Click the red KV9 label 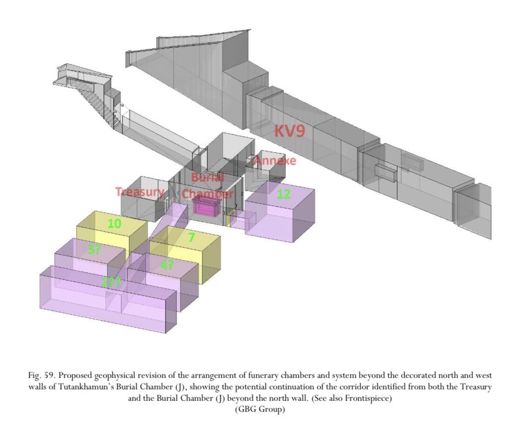(x=289, y=131)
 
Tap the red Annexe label (x=275, y=161)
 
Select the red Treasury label (x=140, y=192)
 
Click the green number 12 (x=284, y=194)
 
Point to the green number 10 (x=114, y=224)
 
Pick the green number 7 (x=192, y=237)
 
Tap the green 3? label (x=94, y=250)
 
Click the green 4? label (x=167, y=264)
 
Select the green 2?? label (x=111, y=282)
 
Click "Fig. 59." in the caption (x=42, y=375)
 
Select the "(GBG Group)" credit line (x=260, y=409)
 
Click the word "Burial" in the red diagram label (x=208, y=177)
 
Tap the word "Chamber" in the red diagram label (x=208, y=193)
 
